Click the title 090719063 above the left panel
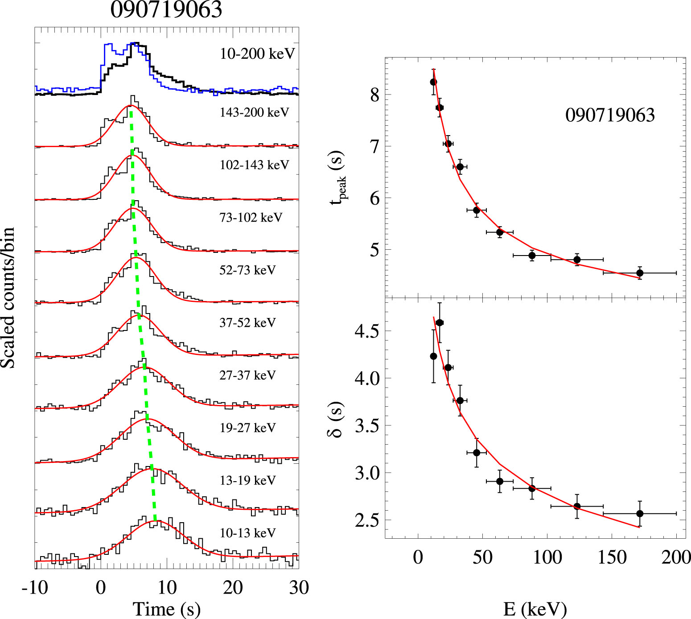[166, 10]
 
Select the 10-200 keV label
[257, 54]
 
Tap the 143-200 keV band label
[254, 112]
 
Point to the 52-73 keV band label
[247, 270]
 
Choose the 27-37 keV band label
[247, 376]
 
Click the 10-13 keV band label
[247, 533]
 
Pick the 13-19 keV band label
[247, 481]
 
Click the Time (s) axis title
[166, 609]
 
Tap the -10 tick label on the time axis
[35, 588]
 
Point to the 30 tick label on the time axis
[299, 588]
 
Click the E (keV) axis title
[535, 609]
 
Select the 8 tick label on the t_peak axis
[374, 95]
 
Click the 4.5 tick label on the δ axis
[366, 331]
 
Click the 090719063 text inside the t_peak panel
[610, 116]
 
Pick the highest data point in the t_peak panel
[433, 82]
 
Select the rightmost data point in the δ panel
[640, 514]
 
